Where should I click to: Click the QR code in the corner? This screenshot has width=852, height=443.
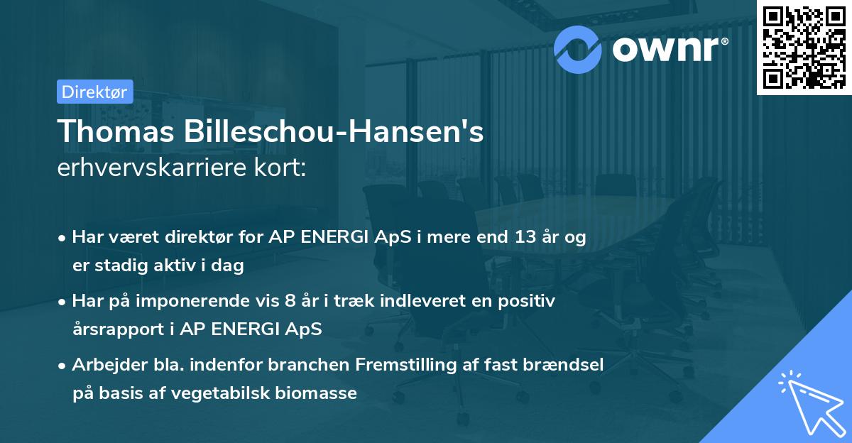803,48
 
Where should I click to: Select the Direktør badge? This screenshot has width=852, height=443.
94,92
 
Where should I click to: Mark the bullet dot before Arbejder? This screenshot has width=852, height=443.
63,366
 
